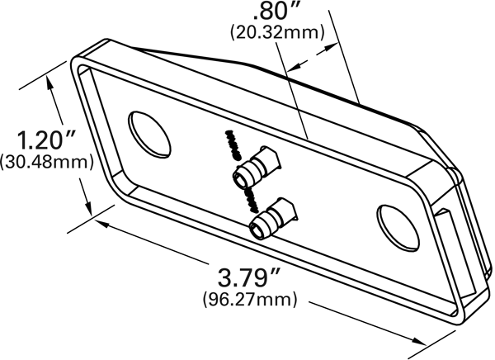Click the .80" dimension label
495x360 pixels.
tap(273, 12)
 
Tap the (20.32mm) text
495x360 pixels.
tap(277, 33)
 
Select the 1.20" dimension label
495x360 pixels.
tap(46, 140)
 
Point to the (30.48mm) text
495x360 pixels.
tap(47, 162)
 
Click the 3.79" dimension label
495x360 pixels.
tap(249, 277)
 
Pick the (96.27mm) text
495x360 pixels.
tap(250, 299)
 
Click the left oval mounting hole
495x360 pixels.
tap(149, 134)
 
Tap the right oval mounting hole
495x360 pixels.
tap(398, 226)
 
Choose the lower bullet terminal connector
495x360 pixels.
tap(272, 218)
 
